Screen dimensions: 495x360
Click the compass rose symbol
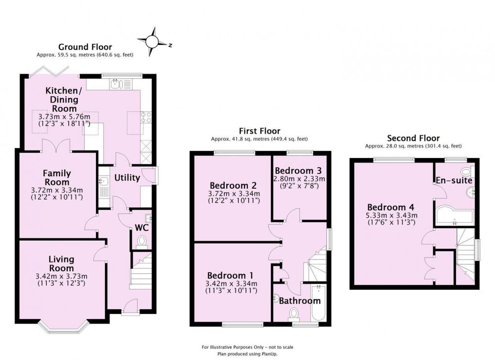[153, 42]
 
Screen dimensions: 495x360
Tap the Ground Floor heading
[85, 47]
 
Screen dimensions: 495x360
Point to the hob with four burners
[146, 117]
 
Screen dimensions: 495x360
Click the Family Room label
[57, 177]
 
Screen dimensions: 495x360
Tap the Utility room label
[127, 178]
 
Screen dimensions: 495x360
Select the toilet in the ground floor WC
[142, 241]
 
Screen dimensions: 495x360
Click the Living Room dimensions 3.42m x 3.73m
[61, 276]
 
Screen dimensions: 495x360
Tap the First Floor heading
[259, 131]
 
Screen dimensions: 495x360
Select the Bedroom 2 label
[233, 185]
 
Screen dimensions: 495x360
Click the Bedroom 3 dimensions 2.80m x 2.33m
[298, 178]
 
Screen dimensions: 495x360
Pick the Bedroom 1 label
[230, 275]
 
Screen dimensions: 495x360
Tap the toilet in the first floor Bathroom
[294, 314]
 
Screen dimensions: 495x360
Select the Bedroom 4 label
[391, 207]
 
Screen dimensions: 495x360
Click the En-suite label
[454, 180]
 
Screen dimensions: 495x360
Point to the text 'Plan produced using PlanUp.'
[247, 354]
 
